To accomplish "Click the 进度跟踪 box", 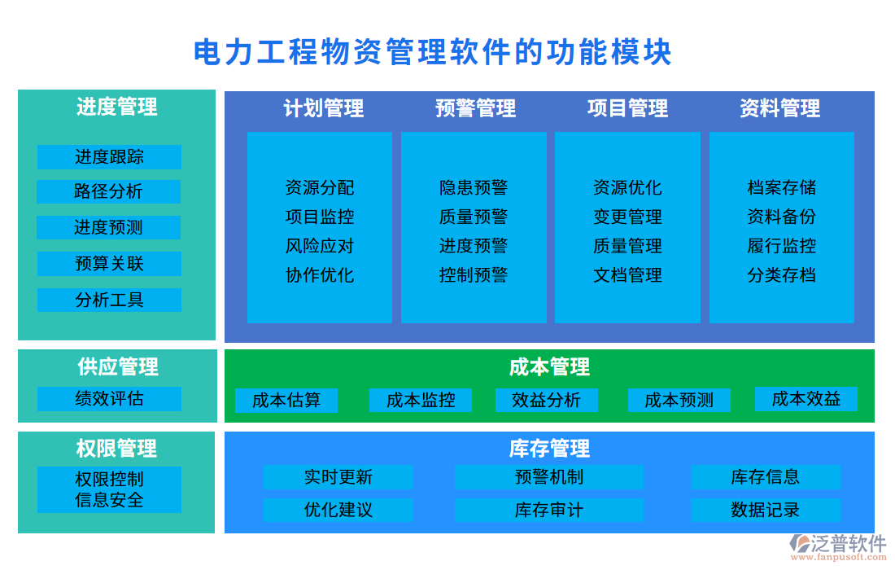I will click(x=109, y=157).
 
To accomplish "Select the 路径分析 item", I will click(x=109, y=192).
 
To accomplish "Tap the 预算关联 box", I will click(x=109, y=264).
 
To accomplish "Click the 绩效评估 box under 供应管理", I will click(x=109, y=399).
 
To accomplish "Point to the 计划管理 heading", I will click(x=323, y=108).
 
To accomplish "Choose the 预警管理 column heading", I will click(x=475, y=108).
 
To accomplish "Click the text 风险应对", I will click(x=320, y=246).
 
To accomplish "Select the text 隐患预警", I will click(x=474, y=188).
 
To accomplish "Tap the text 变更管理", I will click(x=627, y=217).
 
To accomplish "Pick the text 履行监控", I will click(x=781, y=246).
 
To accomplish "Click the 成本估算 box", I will click(x=286, y=401).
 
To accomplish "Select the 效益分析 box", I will click(x=547, y=401).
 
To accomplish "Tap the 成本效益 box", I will click(x=805, y=399).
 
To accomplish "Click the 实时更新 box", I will click(x=338, y=477).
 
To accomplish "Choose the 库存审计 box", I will click(x=548, y=511).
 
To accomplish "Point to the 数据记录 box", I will click(x=765, y=511).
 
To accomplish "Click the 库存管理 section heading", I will click(x=549, y=449).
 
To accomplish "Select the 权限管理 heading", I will click(x=116, y=449).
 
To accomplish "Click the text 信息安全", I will click(x=109, y=500).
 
